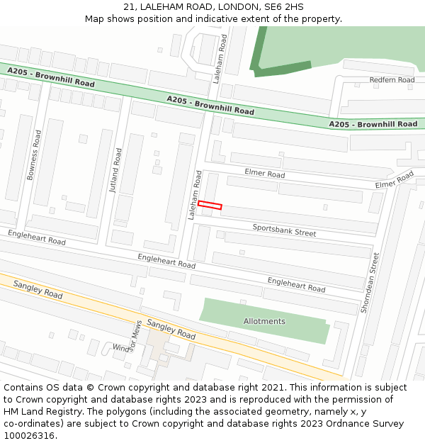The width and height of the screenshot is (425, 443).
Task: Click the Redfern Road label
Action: click(392, 80)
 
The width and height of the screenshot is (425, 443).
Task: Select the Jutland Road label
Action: click(115, 170)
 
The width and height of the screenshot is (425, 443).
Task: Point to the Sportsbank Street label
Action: click(285, 230)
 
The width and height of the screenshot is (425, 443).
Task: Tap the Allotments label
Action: click(264, 321)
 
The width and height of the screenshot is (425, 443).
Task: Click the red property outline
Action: click(210, 206)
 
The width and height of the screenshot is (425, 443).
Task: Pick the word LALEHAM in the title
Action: click(161, 6)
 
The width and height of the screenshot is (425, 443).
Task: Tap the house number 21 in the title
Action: click(130, 6)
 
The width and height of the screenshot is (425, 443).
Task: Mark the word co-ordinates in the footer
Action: click(33, 424)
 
